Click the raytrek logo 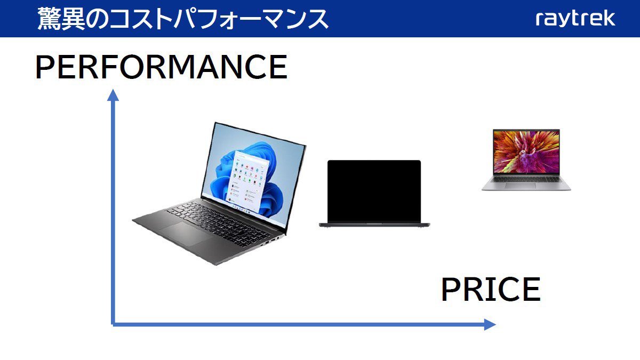point(575,19)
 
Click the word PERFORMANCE point(161,67)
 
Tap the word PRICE point(491,290)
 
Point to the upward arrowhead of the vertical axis point(113,95)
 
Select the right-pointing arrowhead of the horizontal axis point(490,324)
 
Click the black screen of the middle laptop point(374,191)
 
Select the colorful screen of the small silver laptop point(526,151)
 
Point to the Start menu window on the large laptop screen point(249,181)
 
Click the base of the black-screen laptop point(374,225)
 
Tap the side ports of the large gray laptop point(271,241)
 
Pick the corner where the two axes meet point(113,324)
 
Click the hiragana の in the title point(97,19)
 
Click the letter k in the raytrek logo point(610,19)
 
